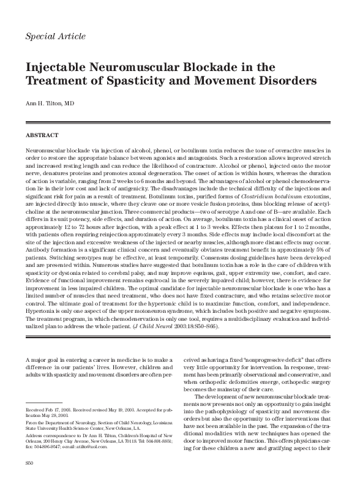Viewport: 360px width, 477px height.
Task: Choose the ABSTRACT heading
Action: (x=42, y=135)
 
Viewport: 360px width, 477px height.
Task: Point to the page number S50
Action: (x=30, y=467)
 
